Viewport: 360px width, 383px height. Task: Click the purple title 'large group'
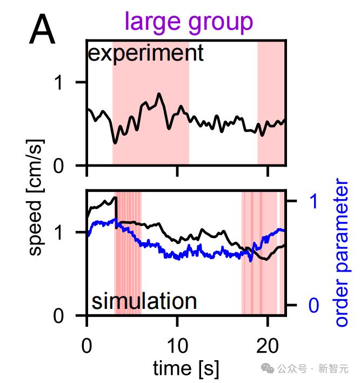(188, 22)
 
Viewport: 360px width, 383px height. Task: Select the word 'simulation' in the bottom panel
(144, 301)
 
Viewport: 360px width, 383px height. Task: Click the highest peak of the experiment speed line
(159, 94)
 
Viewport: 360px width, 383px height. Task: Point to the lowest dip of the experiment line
(115, 143)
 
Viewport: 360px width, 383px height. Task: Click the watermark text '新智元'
(333, 369)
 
